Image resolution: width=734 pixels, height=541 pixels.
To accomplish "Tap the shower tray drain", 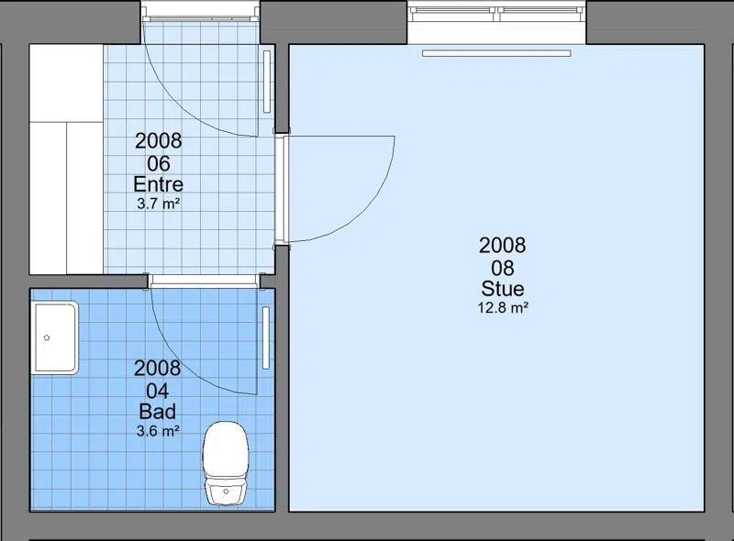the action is click(47, 337).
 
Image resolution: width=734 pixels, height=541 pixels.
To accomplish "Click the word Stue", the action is click(503, 288).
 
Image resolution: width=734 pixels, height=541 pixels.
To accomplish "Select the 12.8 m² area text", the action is click(503, 308).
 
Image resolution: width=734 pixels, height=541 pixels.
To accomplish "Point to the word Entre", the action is click(158, 184).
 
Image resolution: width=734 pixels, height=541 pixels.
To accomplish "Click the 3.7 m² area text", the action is click(158, 204).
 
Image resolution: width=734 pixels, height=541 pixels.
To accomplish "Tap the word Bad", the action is click(158, 412).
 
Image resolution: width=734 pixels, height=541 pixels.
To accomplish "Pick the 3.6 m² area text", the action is click(158, 431).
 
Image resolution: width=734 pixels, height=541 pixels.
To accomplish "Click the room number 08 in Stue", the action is click(503, 268).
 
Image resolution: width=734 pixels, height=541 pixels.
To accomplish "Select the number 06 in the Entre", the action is click(159, 164).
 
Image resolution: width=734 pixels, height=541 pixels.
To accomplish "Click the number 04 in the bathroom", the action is click(158, 391).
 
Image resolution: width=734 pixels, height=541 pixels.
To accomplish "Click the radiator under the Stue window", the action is click(496, 53).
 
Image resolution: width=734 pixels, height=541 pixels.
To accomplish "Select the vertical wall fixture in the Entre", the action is click(267, 82).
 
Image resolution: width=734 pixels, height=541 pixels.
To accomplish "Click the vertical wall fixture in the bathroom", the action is click(266, 337).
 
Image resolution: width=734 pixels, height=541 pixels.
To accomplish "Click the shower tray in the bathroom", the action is click(55, 337).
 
